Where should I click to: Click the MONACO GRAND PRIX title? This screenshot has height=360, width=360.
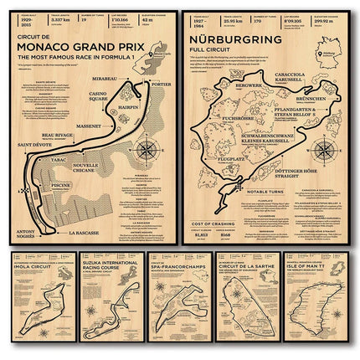pyautogui.click(x=91, y=49)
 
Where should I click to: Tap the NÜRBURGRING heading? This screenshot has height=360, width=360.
pyautogui.click(x=235, y=39)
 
